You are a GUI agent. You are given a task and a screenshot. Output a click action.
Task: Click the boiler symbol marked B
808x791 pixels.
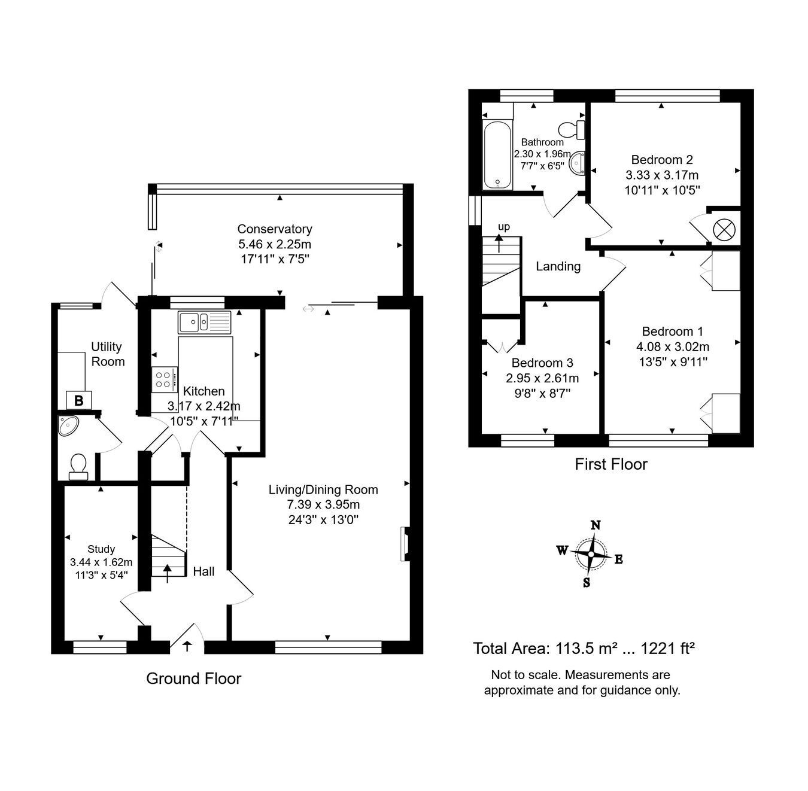[x=79, y=400]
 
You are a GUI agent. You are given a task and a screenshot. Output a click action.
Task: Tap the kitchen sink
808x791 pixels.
[x=204, y=323]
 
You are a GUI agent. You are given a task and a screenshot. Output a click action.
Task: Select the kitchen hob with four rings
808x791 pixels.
[x=165, y=380]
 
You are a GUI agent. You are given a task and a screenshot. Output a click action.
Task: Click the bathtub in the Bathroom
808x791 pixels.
[x=498, y=155]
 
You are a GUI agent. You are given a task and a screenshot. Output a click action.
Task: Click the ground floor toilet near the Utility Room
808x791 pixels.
[x=78, y=467]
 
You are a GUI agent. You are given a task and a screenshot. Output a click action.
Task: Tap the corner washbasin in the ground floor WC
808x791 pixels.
[x=68, y=425]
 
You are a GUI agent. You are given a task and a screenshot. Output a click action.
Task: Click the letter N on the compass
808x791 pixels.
[x=596, y=525]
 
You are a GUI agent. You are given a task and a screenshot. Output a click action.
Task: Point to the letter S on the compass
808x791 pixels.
[x=587, y=582]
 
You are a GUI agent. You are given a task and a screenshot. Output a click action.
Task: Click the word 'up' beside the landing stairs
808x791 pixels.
[x=503, y=227]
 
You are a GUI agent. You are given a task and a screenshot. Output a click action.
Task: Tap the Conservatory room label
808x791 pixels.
[x=275, y=229]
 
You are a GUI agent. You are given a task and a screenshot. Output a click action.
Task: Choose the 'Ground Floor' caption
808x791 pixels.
[x=194, y=679]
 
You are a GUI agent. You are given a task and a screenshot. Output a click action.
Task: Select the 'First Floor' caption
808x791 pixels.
[x=611, y=464]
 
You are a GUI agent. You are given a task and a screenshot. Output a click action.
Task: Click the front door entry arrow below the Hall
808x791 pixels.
[x=187, y=646]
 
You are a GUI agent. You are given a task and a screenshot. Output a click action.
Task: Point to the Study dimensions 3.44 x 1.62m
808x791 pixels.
[x=101, y=562]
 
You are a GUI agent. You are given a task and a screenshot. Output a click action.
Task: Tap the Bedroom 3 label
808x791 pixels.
[x=542, y=363]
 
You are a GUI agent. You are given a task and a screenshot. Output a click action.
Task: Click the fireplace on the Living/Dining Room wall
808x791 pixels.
[x=405, y=544]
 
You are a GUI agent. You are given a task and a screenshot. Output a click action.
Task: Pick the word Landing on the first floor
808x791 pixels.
[x=558, y=267]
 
